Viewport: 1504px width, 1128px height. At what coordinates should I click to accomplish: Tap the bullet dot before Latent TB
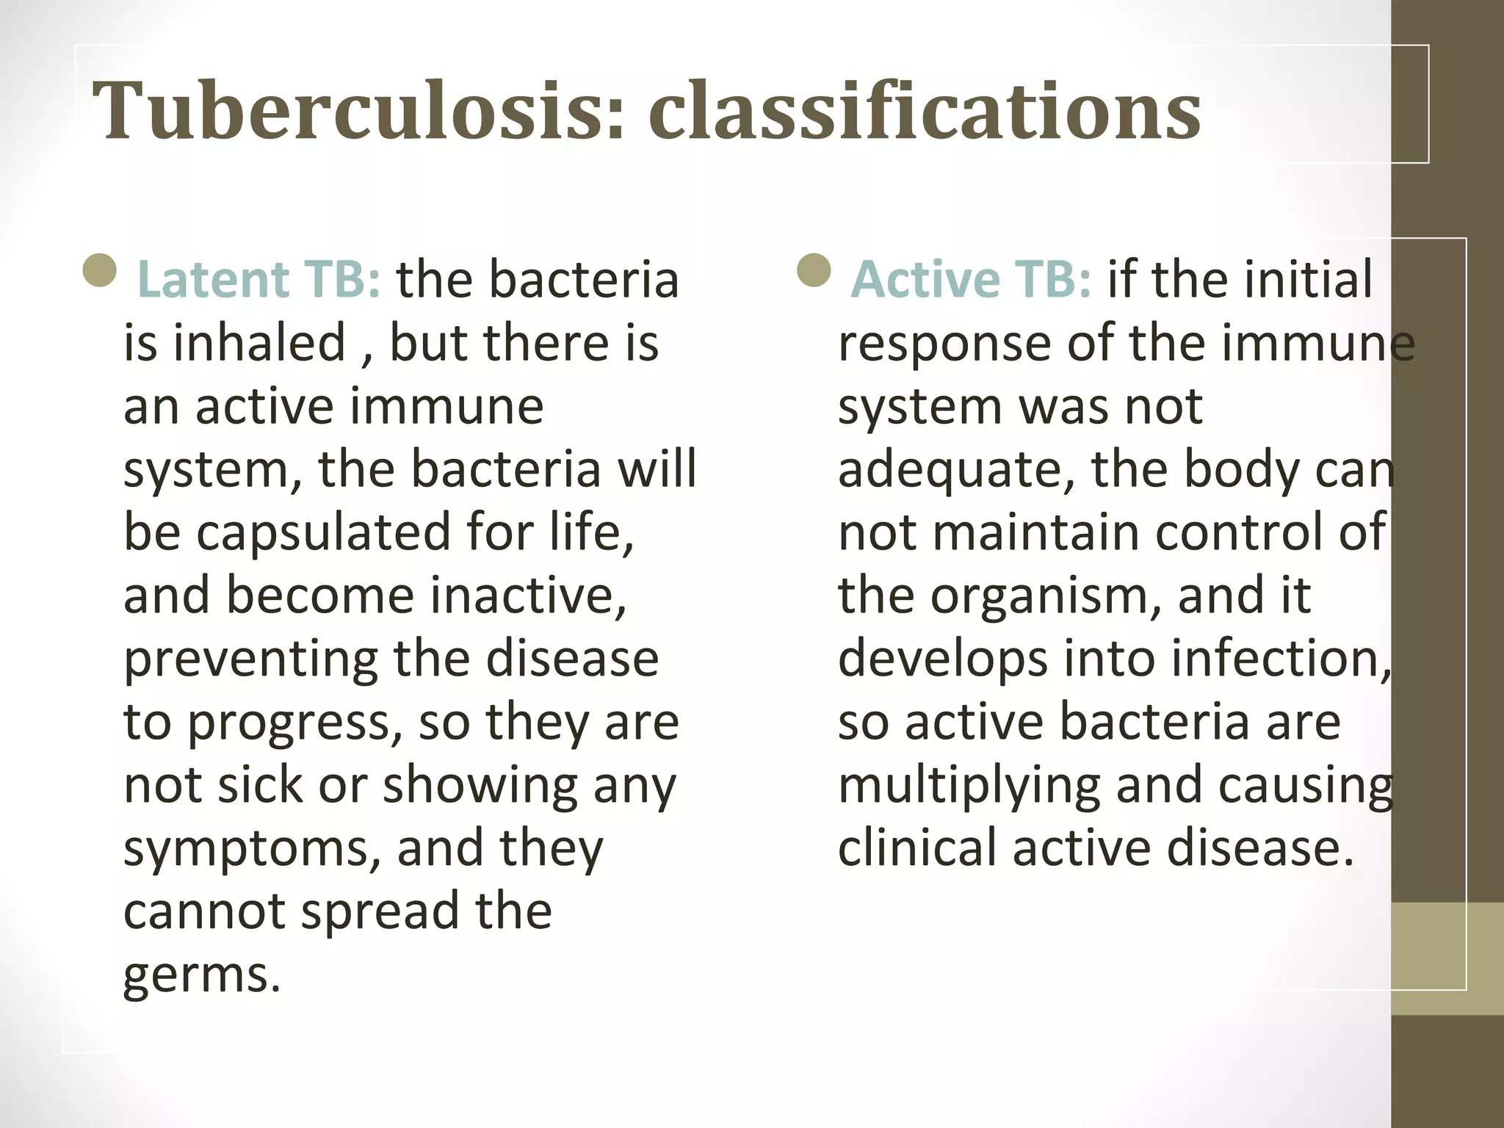[101, 270]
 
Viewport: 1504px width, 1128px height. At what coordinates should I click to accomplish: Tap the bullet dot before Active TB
[814, 270]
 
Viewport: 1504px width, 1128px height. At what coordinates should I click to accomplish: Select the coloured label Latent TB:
[259, 280]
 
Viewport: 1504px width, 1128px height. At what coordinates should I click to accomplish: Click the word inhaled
[259, 343]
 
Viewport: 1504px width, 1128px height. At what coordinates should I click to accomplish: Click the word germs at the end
[202, 975]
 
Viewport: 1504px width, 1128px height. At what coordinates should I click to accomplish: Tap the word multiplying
[969, 786]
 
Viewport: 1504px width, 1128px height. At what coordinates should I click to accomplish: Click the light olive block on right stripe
[1447, 958]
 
